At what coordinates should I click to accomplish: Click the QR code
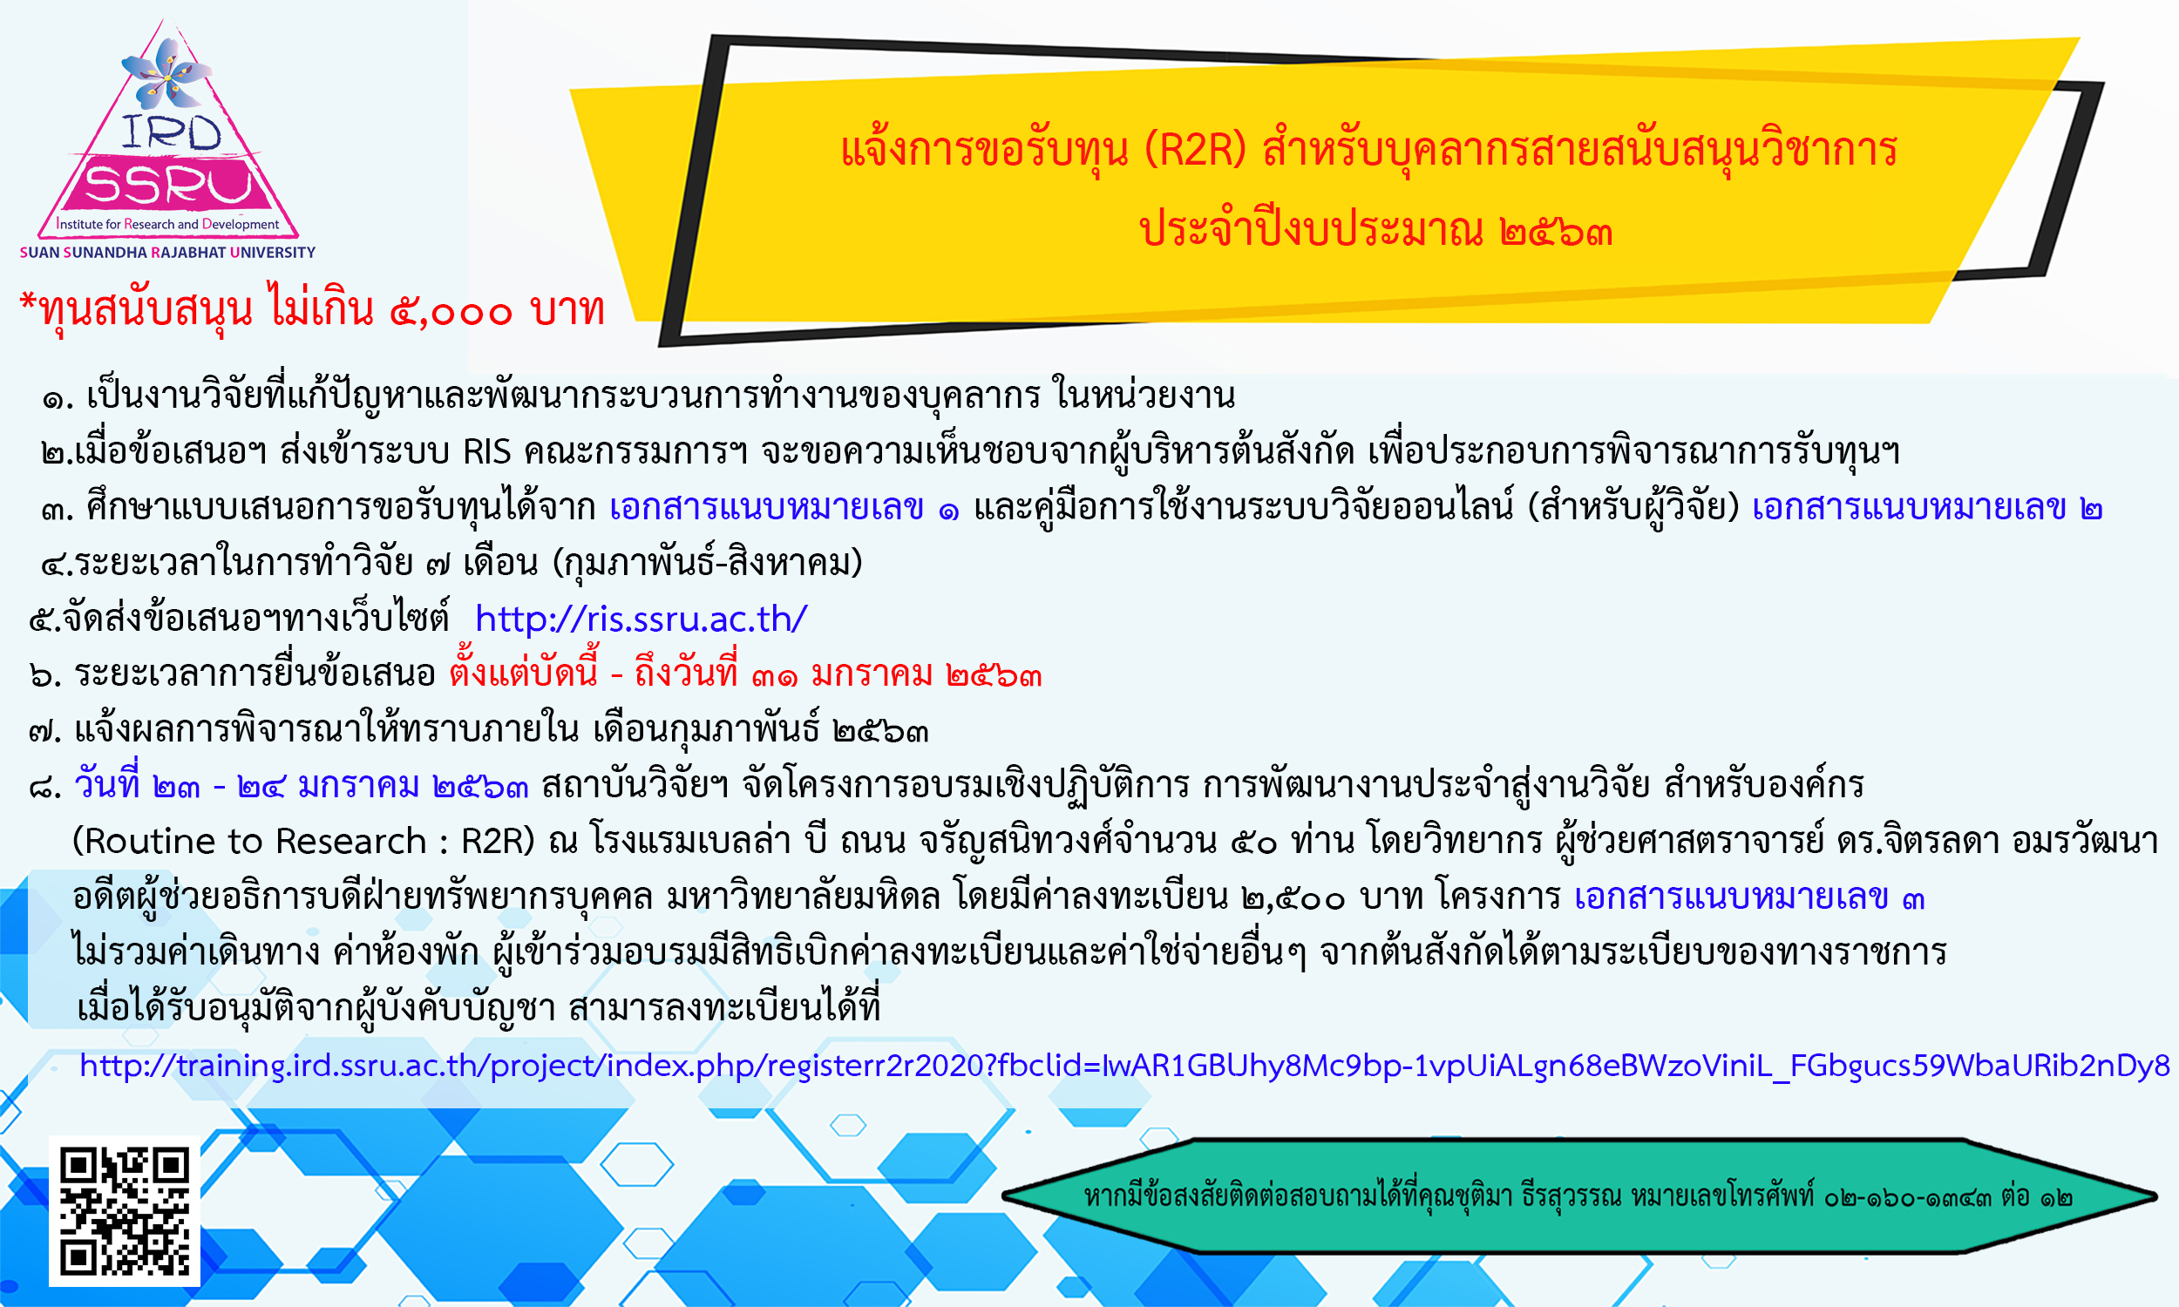[x=124, y=1211]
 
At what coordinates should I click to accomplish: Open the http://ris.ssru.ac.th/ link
[x=641, y=620]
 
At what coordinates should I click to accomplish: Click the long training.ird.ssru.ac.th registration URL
[x=1123, y=1067]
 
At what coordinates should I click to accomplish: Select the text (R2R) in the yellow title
[x=1195, y=150]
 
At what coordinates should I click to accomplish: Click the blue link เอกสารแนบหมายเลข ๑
[x=784, y=508]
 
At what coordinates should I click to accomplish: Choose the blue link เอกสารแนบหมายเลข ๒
[x=1927, y=508]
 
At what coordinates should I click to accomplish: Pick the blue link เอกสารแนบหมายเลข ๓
[x=1749, y=897]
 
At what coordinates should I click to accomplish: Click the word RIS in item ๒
[x=487, y=452]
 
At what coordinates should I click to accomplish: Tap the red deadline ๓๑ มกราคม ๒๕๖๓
[x=898, y=674]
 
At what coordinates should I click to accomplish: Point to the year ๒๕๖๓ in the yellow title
[x=1556, y=232]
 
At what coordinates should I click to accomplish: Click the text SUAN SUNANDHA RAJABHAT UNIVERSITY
[x=167, y=252]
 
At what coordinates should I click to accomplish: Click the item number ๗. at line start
[x=45, y=731]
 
